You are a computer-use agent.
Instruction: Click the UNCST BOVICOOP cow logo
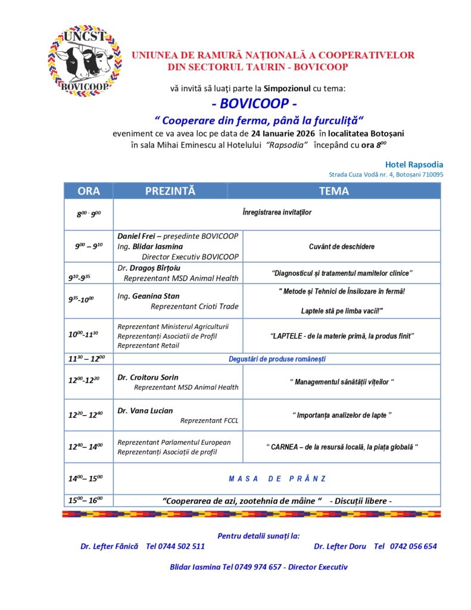tap(84, 62)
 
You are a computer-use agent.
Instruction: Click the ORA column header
tap(88, 191)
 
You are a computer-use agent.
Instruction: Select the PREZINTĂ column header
tap(170, 191)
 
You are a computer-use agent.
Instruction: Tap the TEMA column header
tap(334, 191)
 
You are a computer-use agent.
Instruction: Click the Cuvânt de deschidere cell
tap(342, 247)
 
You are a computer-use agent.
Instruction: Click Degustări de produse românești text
tap(277, 359)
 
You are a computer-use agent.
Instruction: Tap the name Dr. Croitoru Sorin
tap(148, 377)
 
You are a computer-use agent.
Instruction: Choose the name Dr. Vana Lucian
tap(145, 410)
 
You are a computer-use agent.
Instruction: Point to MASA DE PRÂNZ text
tap(277, 478)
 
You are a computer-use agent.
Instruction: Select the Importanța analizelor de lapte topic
tap(342, 415)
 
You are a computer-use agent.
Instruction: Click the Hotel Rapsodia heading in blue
tap(414, 164)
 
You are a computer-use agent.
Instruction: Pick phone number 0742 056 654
tap(413, 546)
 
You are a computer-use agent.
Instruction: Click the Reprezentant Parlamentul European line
tap(174, 442)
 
